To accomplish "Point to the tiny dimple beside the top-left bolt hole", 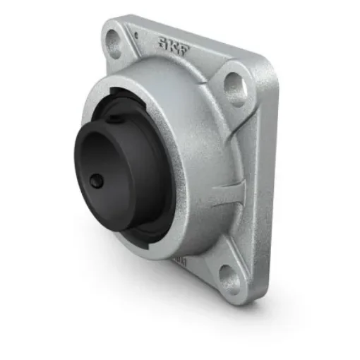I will (134, 33).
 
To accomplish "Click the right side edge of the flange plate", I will (267, 184).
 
